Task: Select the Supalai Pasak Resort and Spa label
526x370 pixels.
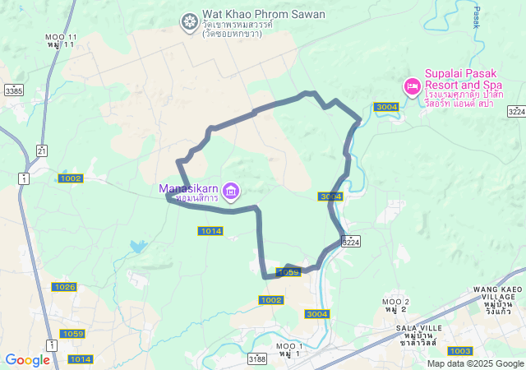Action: coord(464,79)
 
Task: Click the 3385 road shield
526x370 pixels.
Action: coord(13,90)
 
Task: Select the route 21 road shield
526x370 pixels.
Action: coord(42,150)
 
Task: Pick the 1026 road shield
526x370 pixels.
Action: coord(64,287)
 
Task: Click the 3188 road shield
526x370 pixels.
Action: coord(257,358)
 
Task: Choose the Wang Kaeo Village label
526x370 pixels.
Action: coord(498,295)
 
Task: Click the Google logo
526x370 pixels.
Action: coord(27,360)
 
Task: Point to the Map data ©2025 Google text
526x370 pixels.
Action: coord(475,363)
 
